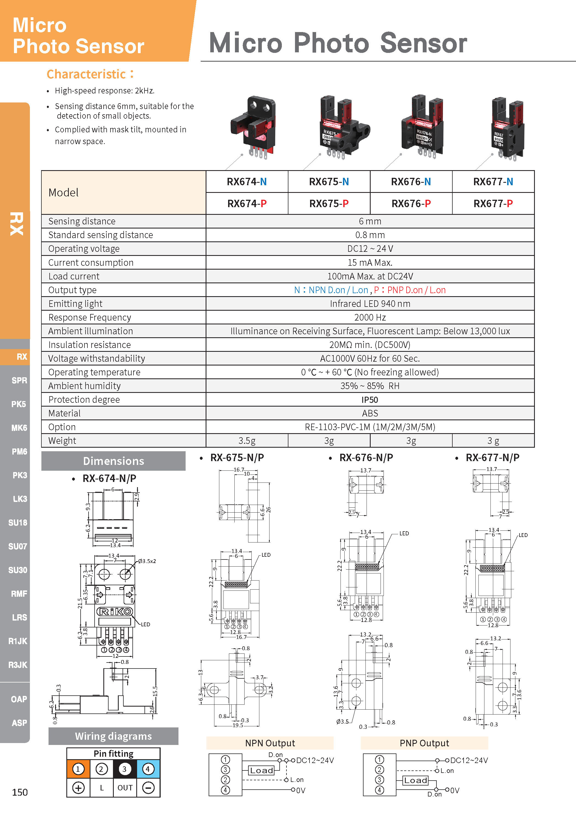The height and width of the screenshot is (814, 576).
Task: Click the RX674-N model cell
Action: point(246,182)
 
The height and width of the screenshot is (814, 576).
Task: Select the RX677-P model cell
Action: point(493,204)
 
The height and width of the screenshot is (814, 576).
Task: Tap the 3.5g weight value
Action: point(246,441)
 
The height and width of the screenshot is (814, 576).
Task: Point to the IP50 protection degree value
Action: point(370,399)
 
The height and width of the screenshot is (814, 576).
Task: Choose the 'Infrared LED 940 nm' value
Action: point(370,304)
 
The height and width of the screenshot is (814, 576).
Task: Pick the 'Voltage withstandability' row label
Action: point(97,358)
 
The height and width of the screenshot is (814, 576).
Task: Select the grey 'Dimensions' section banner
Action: point(114,461)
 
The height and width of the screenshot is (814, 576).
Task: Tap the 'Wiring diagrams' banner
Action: point(114,736)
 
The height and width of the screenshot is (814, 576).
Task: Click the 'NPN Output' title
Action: point(270,743)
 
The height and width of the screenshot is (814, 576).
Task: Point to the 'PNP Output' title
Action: point(424,743)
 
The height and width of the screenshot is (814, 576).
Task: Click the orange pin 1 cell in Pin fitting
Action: point(78,769)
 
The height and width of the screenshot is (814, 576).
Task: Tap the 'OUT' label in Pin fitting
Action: point(125,788)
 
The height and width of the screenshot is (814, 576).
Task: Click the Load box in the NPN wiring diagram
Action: point(262,770)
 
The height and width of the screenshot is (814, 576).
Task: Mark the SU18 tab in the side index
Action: point(18,522)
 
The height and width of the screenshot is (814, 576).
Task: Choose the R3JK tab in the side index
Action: point(18,665)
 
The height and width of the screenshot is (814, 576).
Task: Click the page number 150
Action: point(20,792)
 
